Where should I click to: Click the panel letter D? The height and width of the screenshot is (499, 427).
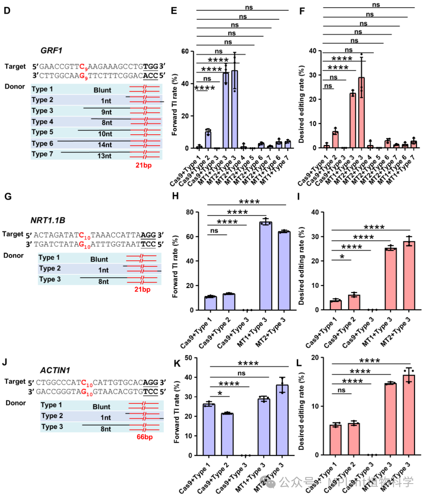[7, 10]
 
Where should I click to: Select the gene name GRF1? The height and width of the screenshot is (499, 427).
[51, 51]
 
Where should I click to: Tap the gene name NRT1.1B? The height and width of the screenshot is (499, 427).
[47, 220]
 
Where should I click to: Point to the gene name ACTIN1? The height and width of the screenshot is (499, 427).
[55, 370]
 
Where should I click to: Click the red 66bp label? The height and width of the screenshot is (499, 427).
[145, 437]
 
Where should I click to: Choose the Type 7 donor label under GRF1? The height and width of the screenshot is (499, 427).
[42, 154]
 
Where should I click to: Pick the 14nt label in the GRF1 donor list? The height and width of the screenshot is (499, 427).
[105, 145]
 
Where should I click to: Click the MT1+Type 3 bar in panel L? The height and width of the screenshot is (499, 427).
[391, 419]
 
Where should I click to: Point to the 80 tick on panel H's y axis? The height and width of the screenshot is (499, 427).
[190, 212]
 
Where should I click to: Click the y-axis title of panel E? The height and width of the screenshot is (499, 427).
[174, 105]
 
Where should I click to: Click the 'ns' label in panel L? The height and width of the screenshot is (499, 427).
[341, 390]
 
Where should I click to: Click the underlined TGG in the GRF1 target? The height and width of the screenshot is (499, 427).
[151, 66]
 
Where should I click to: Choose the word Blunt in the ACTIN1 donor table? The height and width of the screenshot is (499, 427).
[102, 407]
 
